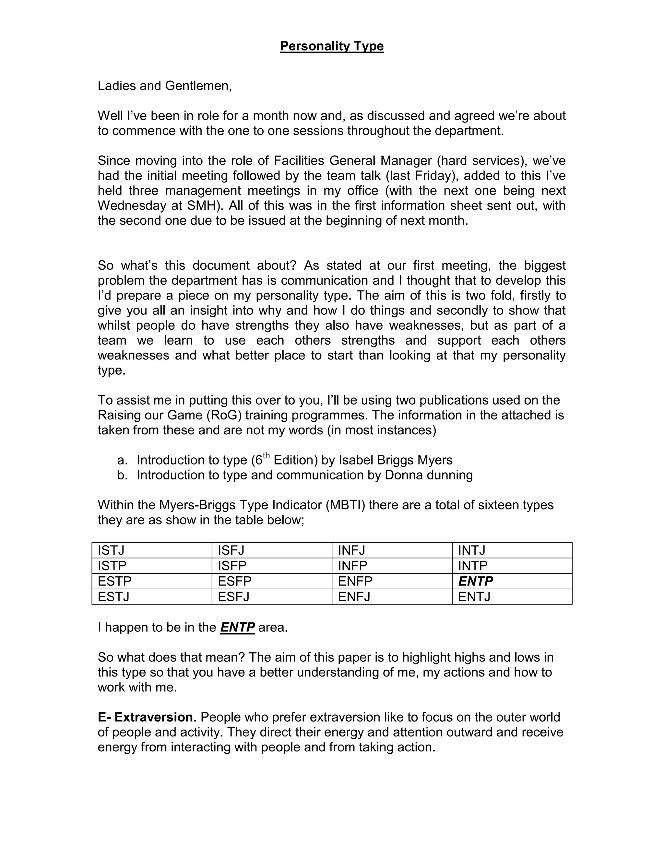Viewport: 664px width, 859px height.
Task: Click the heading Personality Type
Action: [332, 46]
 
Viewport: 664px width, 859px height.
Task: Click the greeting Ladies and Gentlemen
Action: [164, 86]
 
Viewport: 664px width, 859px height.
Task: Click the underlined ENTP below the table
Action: [237, 627]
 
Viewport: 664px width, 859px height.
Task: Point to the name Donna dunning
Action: [428, 475]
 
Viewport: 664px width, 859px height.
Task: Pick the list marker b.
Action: [122, 475]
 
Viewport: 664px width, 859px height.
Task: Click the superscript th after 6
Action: [266, 455]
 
